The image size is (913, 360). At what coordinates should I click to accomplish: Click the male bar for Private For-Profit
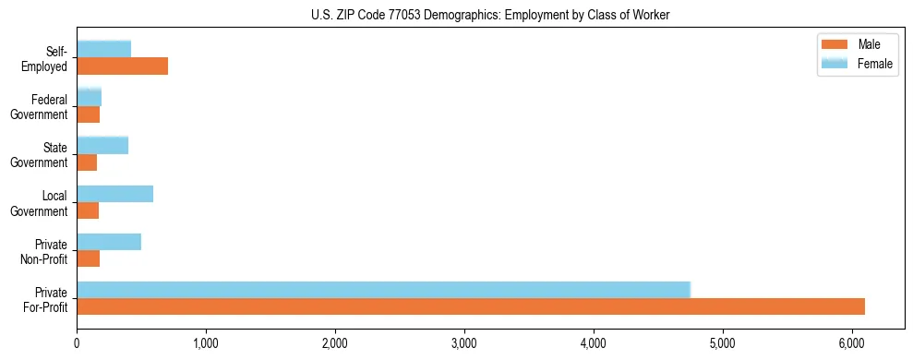coord(471,306)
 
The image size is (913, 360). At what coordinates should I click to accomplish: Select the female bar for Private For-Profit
coord(383,289)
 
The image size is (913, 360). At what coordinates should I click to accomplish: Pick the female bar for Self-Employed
coord(103,49)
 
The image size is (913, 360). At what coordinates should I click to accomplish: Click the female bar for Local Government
coord(114,193)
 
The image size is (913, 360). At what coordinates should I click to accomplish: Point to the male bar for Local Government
coord(88,210)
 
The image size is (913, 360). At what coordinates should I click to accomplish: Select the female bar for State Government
coord(102,145)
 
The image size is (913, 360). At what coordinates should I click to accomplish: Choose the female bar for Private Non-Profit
coord(109,241)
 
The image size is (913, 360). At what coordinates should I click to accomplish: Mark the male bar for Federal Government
coord(88,114)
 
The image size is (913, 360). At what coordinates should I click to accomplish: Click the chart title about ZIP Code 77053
coord(490,14)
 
